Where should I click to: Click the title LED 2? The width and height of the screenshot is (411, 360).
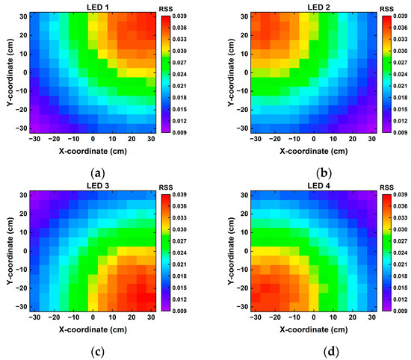[x=305, y=7]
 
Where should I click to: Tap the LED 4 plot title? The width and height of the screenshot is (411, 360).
[x=305, y=187]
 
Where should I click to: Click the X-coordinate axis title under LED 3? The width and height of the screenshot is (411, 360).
[x=93, y=329]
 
